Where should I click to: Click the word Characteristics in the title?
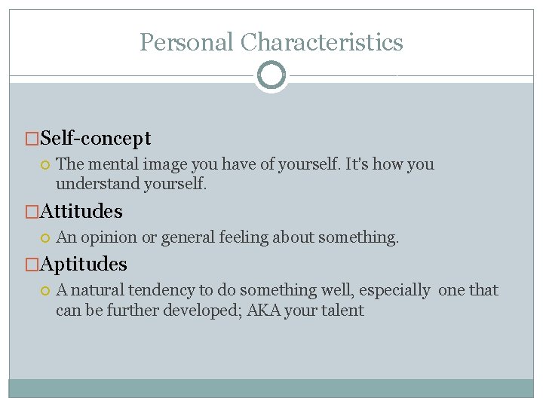click(x=322, y=42)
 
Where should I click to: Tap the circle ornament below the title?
click(x=271, y=75)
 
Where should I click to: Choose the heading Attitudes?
click(x=81, y=211)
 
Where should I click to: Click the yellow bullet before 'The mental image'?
click(x=45, y=164)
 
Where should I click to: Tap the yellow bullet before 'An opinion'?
click(x=45, y=237)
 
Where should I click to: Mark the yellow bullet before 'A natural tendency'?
click(x=45, y=290)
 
